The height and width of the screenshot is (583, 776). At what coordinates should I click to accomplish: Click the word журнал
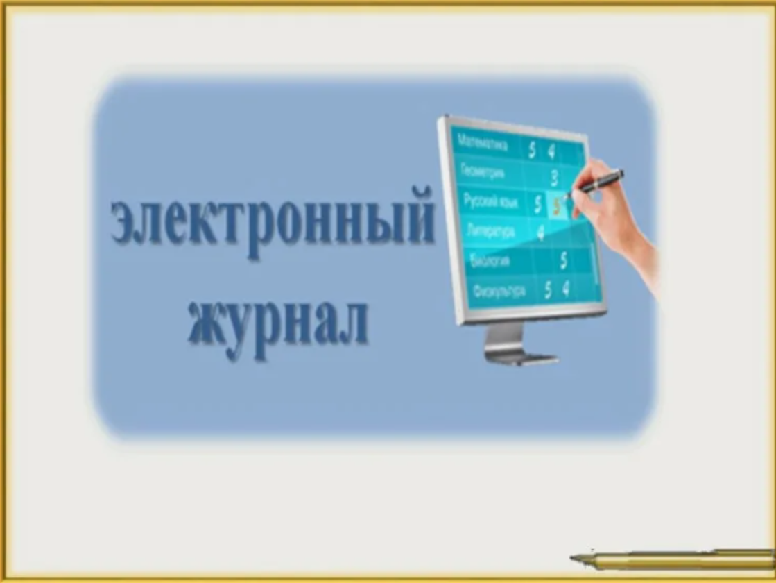click(277, 321)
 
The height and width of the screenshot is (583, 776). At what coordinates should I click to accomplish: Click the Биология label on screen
click(491, 261)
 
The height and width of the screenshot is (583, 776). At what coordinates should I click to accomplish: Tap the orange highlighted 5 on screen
click(555, 205)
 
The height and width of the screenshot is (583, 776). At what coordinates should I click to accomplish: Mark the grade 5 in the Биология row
click(564, 260)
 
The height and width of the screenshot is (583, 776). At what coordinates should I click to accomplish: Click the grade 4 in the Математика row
click(551, 151)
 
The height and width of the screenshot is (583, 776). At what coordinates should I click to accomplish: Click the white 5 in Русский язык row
click(538, 204)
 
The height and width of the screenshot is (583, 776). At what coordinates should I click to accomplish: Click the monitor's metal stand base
click(520, 357)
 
